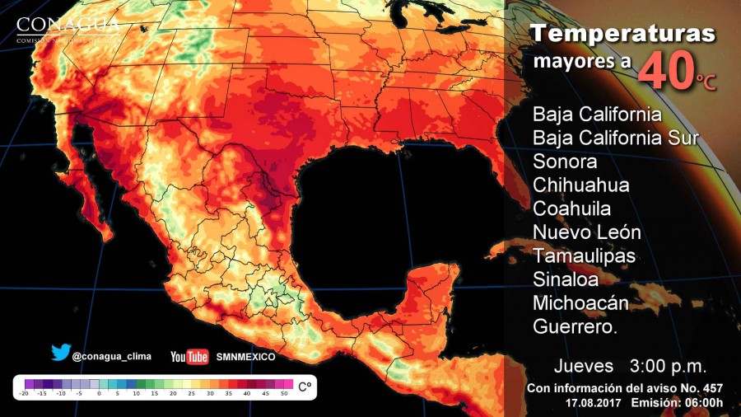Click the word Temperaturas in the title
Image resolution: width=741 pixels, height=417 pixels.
click(622, 35)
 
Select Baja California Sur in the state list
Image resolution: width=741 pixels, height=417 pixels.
click(616, 137)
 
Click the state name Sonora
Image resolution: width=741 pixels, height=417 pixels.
click(565, 161)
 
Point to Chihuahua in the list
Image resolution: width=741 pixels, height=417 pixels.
click(580, 184)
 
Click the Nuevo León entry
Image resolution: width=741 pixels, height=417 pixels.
click(586, 232)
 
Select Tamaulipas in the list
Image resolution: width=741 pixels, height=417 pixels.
click(584, 255)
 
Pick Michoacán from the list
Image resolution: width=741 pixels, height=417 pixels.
click(580, 303)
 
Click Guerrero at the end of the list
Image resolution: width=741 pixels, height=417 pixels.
click(576, 327)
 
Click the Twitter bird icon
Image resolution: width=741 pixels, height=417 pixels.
click(60, 353)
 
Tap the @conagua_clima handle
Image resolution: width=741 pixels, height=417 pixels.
click(111, 357)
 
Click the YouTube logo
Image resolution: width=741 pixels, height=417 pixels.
click(189, 356)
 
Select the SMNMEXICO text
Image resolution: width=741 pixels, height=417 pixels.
click(245, 357)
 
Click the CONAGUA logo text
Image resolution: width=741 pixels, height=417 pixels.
click(68, 24)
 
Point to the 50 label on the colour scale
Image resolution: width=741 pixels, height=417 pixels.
click(285, 395)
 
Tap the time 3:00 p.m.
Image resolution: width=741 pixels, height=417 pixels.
click(668, 365)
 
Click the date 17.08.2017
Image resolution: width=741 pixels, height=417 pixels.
click(594, 402)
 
